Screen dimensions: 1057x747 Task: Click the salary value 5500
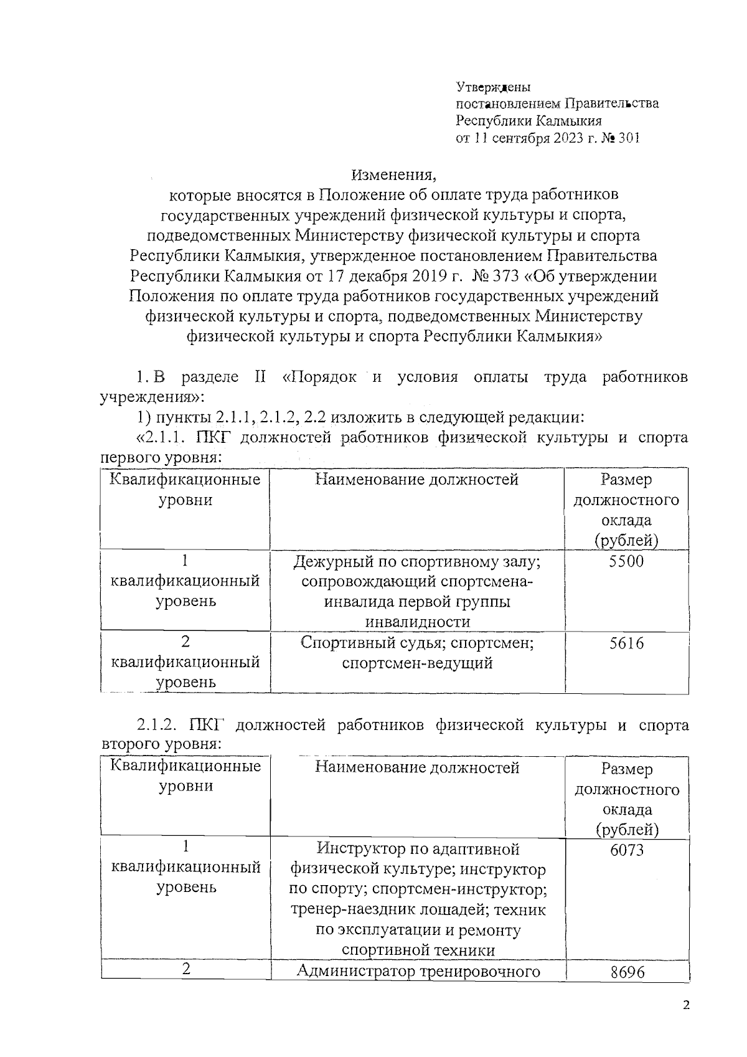[x=626, y=562]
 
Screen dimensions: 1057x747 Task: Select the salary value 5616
[x=626, y=643]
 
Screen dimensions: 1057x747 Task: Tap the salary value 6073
[x=627, y=850]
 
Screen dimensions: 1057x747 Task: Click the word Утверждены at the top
[x=493, y=87]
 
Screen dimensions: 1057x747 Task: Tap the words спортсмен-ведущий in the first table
[x=417, y=663]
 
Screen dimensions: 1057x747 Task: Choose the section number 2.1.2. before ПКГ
[x=157, y=725]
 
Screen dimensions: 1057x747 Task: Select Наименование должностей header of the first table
[x=416, y=479]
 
